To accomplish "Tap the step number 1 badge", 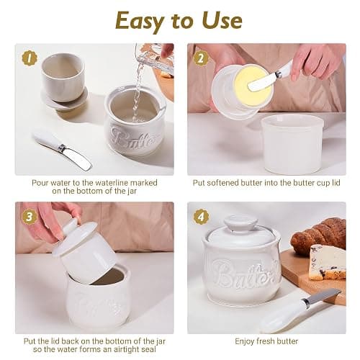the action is tap(30, 58).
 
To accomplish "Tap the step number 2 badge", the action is tap(201, 58).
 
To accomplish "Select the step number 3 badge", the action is tap(30, 217).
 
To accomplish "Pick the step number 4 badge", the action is tap(201, 217).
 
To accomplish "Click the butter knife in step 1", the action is tap(63, 149).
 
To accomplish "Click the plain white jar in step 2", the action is tap(292, 143).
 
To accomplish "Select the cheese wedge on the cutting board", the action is tap(327, 262).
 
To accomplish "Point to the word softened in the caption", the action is tap(222, 183).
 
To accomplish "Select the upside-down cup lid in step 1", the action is tap(63, 81).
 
